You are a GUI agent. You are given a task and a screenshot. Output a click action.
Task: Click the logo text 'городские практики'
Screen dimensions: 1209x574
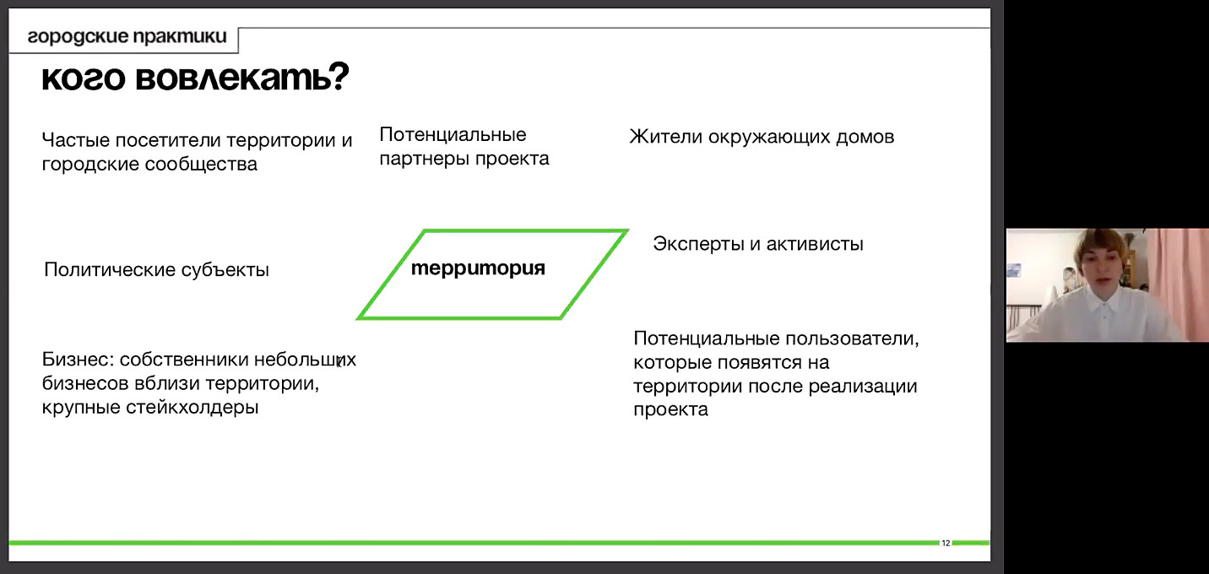tap(127, 36)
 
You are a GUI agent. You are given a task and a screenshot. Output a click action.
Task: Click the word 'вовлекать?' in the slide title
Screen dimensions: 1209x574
tap(242, 77)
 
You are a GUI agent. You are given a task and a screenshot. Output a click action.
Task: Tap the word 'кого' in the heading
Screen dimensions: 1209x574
tap(84, 79)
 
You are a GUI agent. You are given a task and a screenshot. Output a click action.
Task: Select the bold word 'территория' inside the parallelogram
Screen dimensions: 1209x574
tap(478, 268)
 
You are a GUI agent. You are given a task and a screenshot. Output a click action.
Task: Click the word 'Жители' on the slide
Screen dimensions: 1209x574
tap(666, 137)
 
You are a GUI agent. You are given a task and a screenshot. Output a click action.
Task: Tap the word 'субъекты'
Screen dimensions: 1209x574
tap(225, 269)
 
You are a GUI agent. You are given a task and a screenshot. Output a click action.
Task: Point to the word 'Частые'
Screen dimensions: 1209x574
tap(76, 140)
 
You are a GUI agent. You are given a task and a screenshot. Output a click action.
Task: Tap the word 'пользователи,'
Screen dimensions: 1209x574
tap(852, 338)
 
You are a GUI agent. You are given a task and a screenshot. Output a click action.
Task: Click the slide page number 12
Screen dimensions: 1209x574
tap(946, 544)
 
